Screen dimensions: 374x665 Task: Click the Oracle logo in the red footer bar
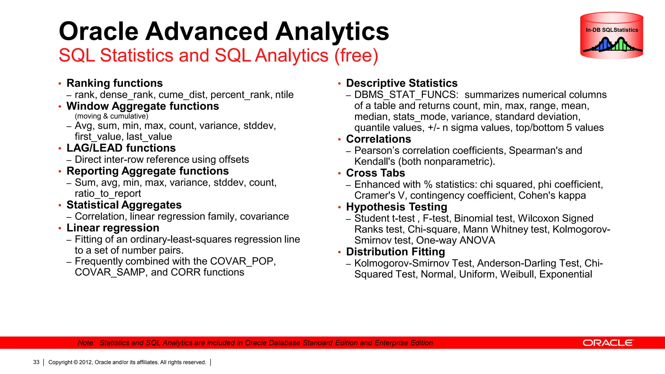608,343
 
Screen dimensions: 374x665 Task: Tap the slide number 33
36,362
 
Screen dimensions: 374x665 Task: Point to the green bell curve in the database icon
621,44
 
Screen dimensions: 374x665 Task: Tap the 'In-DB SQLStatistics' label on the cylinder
612,30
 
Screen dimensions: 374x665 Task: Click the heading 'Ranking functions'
115,83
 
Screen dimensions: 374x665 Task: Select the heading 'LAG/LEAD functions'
121,148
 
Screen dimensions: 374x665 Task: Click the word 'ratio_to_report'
108,193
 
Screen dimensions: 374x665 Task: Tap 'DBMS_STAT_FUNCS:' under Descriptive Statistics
407,95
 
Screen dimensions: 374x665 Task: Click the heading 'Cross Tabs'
376,173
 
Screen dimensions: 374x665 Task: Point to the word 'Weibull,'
518,274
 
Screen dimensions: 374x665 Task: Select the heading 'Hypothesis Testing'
396,207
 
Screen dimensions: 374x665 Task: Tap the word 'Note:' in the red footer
86,343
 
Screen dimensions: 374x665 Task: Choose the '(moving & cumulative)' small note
111,116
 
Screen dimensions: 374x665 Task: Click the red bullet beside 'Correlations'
339,140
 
